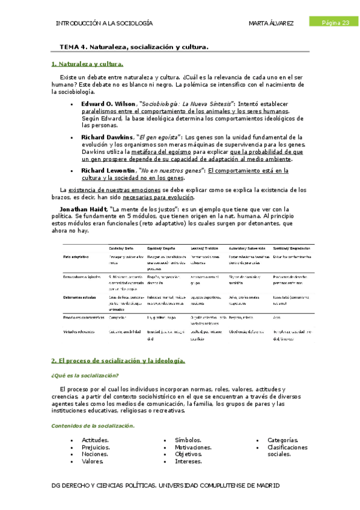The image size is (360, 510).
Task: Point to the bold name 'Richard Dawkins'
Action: tap(107, 137)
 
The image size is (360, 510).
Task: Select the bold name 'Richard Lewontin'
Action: tap(109, 171)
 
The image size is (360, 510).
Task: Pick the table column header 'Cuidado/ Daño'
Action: tap(121, 248)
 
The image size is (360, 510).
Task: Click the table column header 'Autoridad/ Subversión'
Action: tap(245, 248)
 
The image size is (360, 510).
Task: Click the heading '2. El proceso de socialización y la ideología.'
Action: tap(118, 361)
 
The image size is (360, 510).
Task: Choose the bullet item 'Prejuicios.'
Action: tap(96, 447)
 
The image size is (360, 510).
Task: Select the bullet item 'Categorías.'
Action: tap(282, 440)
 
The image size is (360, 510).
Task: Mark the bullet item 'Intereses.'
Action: tap(189, 462)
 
